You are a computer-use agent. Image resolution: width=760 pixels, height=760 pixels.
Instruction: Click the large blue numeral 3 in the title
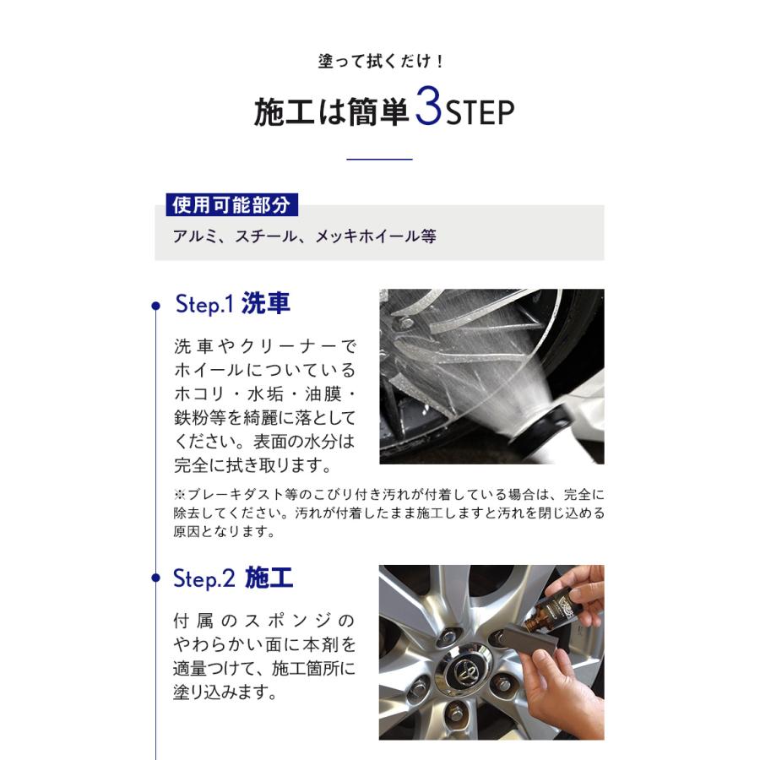[428, 106]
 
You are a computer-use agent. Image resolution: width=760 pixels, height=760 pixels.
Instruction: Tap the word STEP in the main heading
[480, 113]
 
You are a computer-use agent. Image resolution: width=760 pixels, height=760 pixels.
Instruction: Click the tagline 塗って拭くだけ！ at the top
[380, 61]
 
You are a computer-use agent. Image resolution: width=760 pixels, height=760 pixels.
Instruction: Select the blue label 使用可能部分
[231, 204]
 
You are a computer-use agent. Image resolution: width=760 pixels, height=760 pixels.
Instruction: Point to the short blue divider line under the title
[379, 159]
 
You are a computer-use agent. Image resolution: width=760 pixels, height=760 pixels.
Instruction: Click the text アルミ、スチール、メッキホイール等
[304, 236]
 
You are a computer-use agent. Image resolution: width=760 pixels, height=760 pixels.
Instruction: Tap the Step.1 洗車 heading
[233, 304]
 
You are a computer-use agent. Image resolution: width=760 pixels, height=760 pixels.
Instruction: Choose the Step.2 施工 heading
[233, 578]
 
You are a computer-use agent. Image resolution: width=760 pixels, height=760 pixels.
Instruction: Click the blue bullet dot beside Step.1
[155, 306]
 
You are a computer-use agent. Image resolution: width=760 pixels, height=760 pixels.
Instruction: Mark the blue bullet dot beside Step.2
[155, 578]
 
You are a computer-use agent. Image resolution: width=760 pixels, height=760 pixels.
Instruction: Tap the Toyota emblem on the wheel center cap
[464, 670]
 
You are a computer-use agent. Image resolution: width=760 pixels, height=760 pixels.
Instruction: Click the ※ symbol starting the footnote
[180, 494]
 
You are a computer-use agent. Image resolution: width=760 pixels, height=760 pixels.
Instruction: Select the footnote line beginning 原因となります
[225, 532]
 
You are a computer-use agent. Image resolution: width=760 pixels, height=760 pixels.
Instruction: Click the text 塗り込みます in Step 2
[225, 692]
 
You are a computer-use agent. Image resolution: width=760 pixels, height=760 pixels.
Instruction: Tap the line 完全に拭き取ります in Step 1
[252, 465]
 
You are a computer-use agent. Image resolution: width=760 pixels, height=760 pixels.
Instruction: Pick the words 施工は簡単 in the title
[332, 112]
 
